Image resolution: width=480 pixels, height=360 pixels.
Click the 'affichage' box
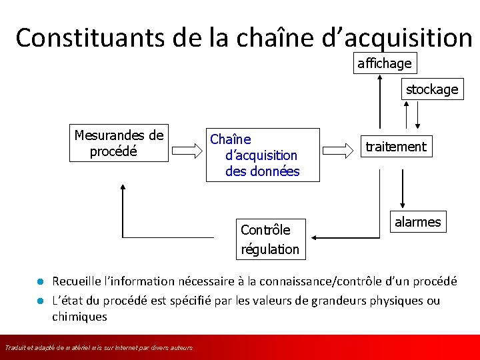click(x=384, y=64)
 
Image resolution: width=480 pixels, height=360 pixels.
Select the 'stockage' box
click(x=432, y=89)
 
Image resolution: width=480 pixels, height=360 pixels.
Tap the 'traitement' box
click(x=395, y=147)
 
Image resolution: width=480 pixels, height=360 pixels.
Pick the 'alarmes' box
click(x=417, y=222)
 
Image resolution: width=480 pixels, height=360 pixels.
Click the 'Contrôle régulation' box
click(x=270, y=239)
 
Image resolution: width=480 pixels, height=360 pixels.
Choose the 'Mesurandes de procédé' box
click(x=119, y=143)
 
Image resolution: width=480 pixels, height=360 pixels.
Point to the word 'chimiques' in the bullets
click(x=79, y=317)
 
